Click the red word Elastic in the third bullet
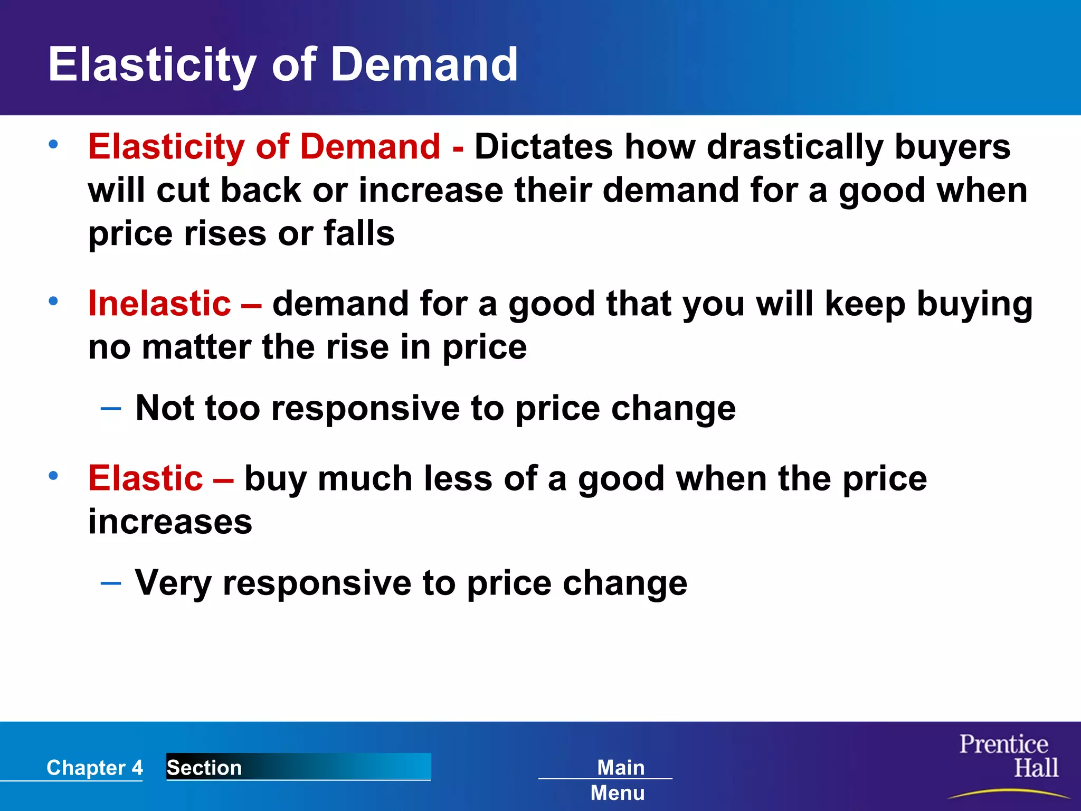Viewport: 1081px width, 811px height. pyautogui.click(x=146, y=478)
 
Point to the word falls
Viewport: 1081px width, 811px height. pyautogui.click(x=359, y=233)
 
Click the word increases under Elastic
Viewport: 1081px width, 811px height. pyautogui.click(x=170, y=522)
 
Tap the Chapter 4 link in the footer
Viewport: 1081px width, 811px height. pyautogui.click(x=94, y=767)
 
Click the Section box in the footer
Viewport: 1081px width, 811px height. pyautogui.click(x=298, y=767)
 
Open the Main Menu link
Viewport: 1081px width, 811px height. pyautogui.click(x=619, y=779)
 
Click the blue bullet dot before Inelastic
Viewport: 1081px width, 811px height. pyautogui.click(x=53, y=301)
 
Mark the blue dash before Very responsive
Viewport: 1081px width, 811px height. pyautogui.click(x=111, y=583)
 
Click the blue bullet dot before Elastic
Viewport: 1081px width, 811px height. pyautogui.click(x=53, y=476)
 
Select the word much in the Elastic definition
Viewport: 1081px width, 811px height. pyautogui.click(x=365, y=478)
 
